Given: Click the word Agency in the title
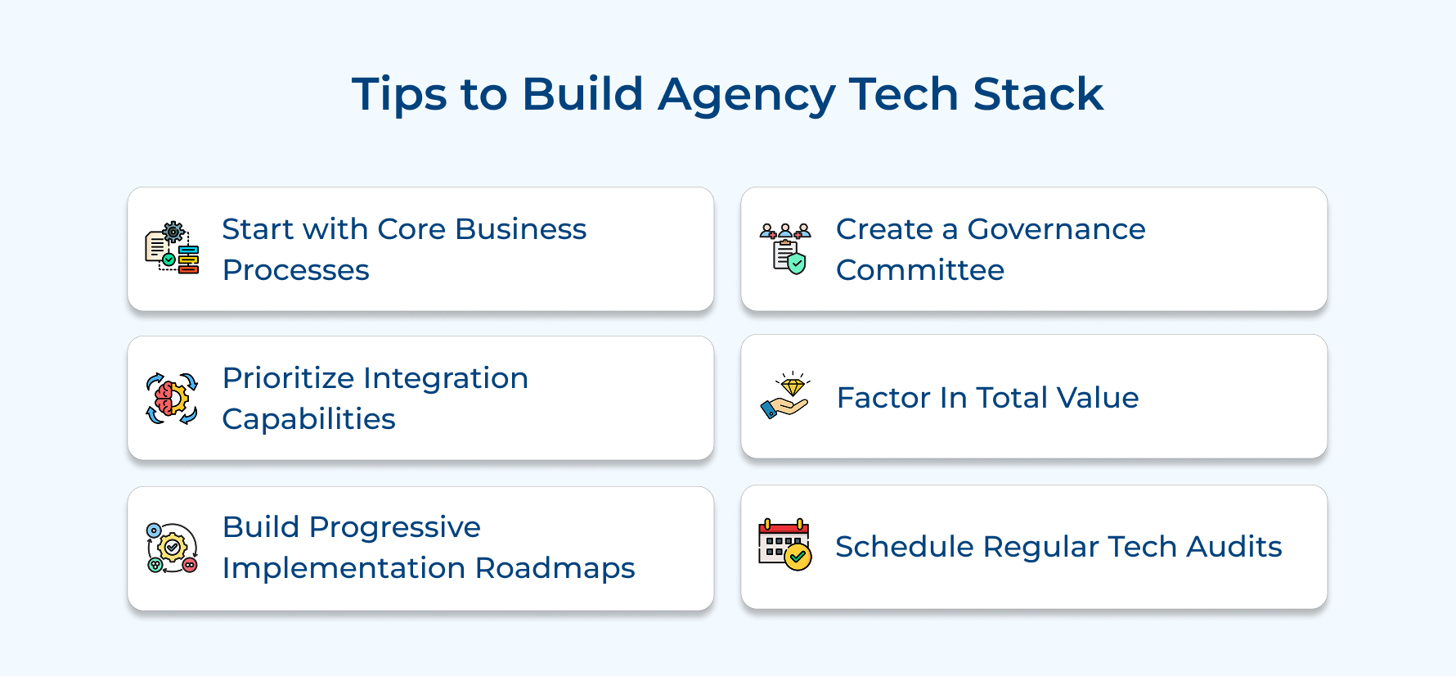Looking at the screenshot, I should coord(746,94).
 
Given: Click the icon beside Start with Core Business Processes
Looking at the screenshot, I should coord(172,247).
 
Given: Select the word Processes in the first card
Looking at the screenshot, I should coord(295,270).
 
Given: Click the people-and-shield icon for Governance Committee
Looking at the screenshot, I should coord(785,247).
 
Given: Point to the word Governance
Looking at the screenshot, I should coord(1056,229).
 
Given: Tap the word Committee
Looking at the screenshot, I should coord(919,270).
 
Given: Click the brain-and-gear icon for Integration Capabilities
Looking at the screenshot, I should coord(172,399).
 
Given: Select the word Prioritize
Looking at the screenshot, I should coord(289,378).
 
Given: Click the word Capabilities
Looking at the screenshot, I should coord(308,419).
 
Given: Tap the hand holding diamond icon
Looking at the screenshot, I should coord(785,396).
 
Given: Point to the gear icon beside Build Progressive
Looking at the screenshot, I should coord(172,548).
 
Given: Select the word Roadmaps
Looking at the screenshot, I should coord(555,568).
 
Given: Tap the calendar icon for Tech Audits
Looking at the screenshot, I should coord(784,544).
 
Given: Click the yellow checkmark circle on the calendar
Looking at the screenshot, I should coord(798,557).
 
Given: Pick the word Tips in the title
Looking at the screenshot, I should coord(400,94).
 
